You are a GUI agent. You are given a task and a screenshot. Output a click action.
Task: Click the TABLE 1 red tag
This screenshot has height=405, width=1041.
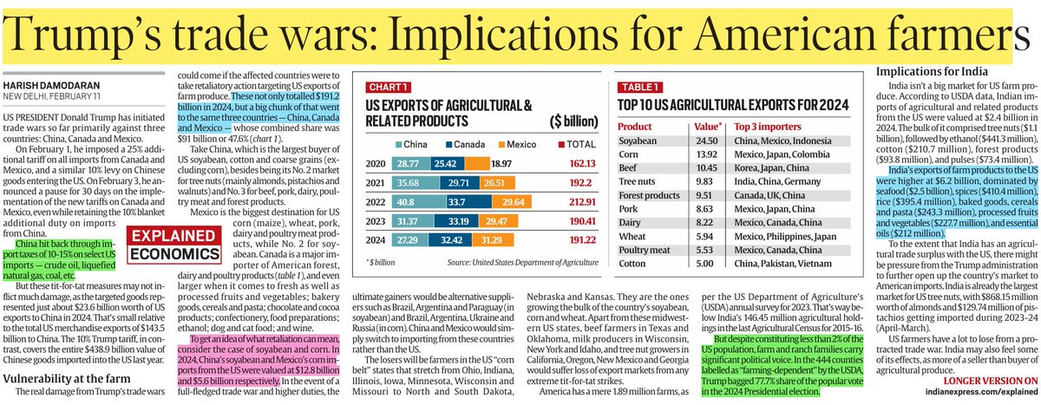[643, 88]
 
